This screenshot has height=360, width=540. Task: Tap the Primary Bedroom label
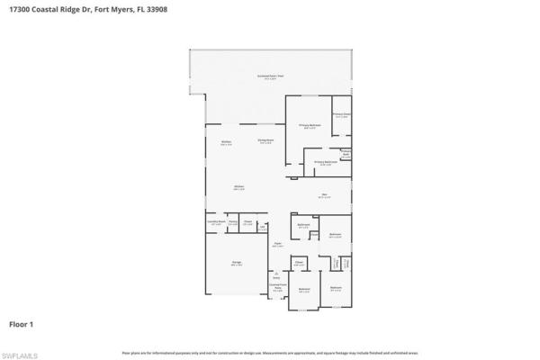tap(309, 127)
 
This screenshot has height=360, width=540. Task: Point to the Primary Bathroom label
tap(325, 163)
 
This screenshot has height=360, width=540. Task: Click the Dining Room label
tap(265, 141)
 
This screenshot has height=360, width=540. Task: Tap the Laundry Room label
tap(214, 221)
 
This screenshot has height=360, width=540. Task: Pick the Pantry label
tap(232, 221)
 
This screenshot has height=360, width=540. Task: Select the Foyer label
tap(276, 244)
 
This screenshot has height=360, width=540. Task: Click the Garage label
tap(236, 264)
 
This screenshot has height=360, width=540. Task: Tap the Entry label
tap(276, 275)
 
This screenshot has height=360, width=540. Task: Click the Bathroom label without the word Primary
tap(303, 225)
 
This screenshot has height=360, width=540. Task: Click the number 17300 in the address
tap(13, 9)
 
